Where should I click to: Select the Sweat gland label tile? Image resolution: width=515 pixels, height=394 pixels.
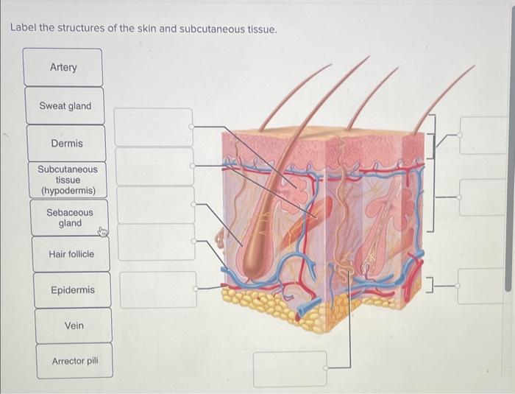coord(65,106)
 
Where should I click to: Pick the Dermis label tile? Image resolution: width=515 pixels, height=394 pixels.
coord(67,144)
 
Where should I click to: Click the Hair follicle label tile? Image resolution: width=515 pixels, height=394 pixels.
coord(71,254)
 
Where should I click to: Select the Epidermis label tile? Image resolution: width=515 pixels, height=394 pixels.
coord(73,290)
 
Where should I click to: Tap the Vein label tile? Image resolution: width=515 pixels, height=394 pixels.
coord(74,326)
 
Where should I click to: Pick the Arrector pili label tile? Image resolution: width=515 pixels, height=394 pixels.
coord(74,361)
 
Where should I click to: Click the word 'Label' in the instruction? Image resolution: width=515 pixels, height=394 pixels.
coord(23,29)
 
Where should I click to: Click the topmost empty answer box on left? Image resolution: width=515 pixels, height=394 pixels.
coord(154,127)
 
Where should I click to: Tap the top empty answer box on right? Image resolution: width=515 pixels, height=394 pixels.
coord(484,136)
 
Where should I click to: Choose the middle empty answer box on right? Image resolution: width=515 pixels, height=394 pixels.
coord(484,197)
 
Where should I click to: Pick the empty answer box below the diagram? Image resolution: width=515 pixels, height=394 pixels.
coord(290,369)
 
